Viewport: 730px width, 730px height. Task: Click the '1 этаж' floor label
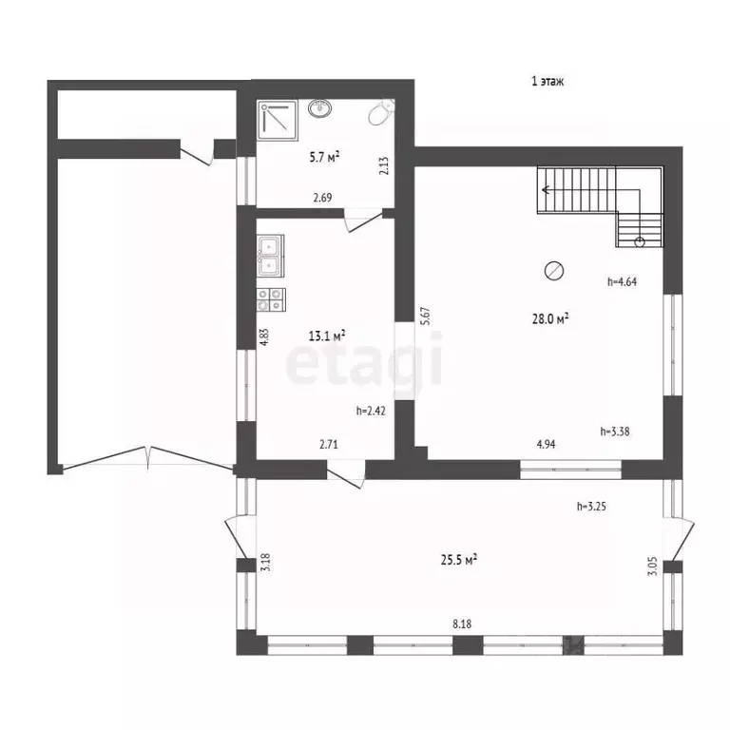click(547, 81)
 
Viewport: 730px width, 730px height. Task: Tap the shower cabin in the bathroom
click(278, 119)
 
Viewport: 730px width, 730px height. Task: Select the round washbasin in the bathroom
click(319, 108)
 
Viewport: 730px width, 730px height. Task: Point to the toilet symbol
click(382, 112)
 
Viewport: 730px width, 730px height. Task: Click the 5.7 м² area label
click(324, 157)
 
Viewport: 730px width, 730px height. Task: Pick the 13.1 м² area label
click(327, 336)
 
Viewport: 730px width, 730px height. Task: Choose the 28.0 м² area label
click(550, 319)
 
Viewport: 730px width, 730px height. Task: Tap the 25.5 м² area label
click(458, 560)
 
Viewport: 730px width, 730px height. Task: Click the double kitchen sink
click(270, 256)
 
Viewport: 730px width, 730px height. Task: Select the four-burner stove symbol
click(271, 299)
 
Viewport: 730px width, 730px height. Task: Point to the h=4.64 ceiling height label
click(622, 281)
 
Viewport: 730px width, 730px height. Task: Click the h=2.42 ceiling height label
click(371, 411)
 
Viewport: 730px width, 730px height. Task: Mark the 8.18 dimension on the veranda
click(462, 624)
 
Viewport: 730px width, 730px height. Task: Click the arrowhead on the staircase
click(546, 190)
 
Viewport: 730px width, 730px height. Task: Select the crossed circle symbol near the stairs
click(554, 271)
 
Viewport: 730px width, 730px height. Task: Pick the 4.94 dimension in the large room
click(547, 444)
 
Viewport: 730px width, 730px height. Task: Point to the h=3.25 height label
click(591, 506)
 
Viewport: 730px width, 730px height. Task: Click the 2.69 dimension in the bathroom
click(322, 198)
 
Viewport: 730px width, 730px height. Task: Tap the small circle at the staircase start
click(640, 241)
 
